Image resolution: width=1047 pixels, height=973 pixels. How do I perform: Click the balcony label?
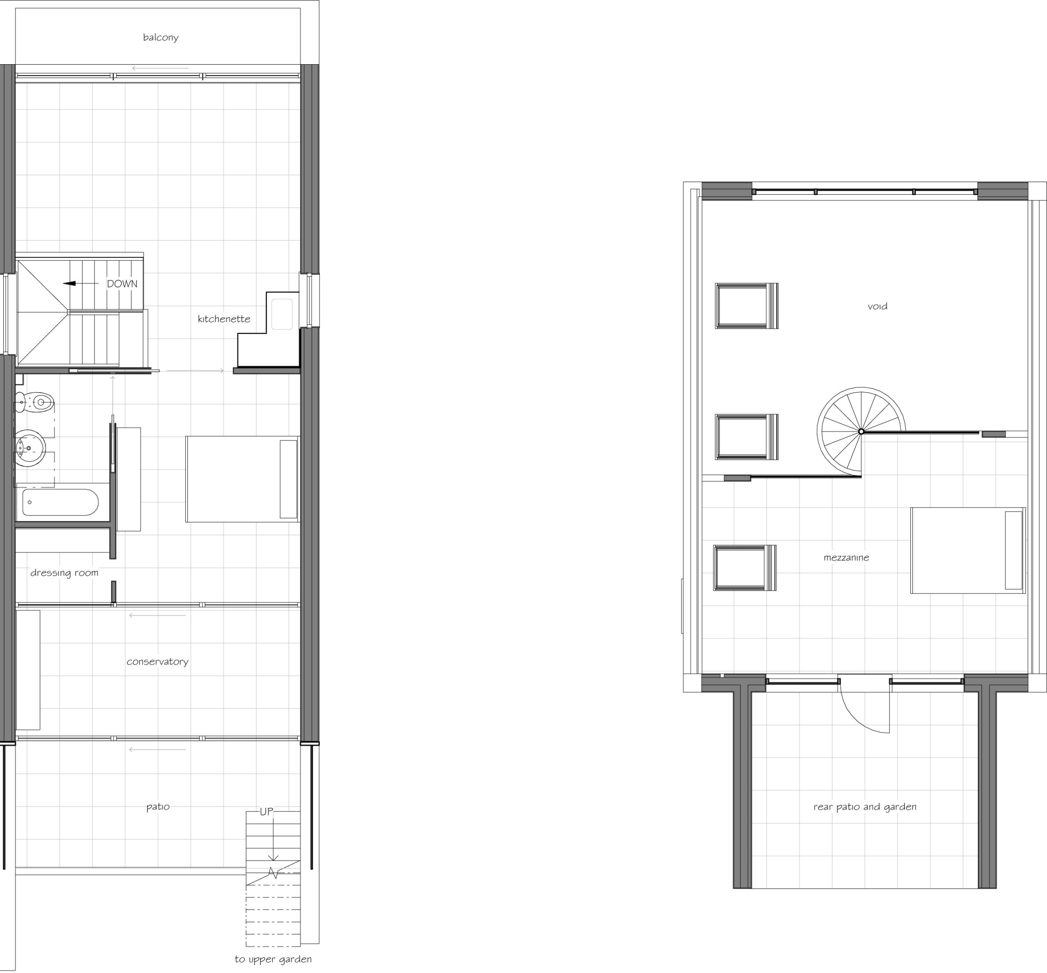point(161,37)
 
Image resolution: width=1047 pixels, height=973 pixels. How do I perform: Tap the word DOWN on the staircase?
point(122,284)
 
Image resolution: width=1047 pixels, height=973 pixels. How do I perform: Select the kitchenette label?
point(224,319)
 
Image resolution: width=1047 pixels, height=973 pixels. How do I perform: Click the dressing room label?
point(64,573)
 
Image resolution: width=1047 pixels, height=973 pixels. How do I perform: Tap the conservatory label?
point(157,662)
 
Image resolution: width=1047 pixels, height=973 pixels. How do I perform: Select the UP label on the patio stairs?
point(266,811)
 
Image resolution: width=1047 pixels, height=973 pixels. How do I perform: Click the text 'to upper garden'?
point(273,960)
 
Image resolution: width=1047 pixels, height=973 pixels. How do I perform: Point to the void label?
point(878,306)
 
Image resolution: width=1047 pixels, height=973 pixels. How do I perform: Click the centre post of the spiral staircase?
point(861,432)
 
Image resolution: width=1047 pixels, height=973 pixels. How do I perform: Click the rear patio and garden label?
point(865,807)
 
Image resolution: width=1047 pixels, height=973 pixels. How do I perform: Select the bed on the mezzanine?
point(968,550)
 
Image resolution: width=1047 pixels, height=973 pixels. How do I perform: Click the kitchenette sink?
point(282,315)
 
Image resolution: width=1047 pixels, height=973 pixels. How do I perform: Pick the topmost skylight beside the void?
point(746,306)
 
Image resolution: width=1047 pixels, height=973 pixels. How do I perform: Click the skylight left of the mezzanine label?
point(745,568)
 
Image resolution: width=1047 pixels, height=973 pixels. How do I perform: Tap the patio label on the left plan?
point(158,807)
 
